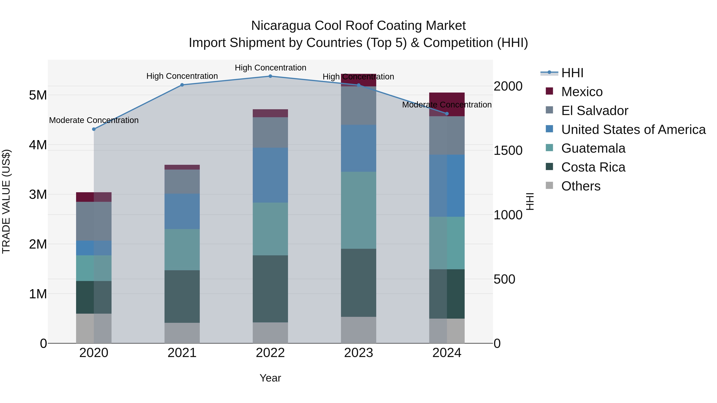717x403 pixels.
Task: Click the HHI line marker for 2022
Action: tap(270, 76)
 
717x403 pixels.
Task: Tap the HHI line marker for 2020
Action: tap(94, 129)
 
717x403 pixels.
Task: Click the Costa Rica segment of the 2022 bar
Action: tap(270, 289)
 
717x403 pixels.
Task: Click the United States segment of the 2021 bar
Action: tap(182, 211)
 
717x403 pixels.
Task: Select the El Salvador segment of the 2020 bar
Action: tap(94, 221)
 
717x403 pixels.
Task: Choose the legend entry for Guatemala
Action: tap(593, 148)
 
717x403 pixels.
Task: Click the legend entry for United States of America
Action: tap(633, 129)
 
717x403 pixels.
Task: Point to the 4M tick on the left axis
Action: tap(38, 145)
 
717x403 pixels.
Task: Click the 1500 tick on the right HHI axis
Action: tap(508, 150)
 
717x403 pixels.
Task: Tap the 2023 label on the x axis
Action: tap(358, 353)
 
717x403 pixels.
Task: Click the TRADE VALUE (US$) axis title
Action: tap(6, 201)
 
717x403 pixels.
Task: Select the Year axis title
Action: tap(270, 378)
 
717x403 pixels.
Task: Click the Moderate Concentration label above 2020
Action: tap(94, 120)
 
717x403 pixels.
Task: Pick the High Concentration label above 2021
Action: tap(182, 76)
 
